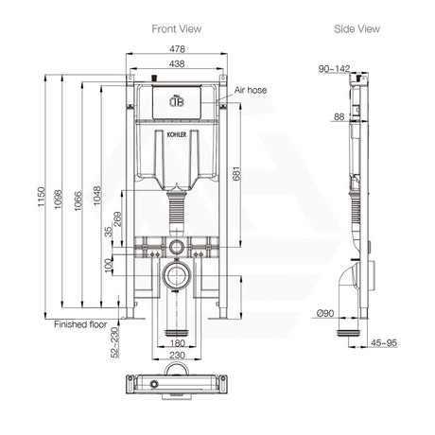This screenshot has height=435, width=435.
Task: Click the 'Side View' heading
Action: pos(357,29)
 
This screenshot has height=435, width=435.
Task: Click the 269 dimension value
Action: pos(119,220)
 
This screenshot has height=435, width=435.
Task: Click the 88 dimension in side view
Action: pos(337,117)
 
